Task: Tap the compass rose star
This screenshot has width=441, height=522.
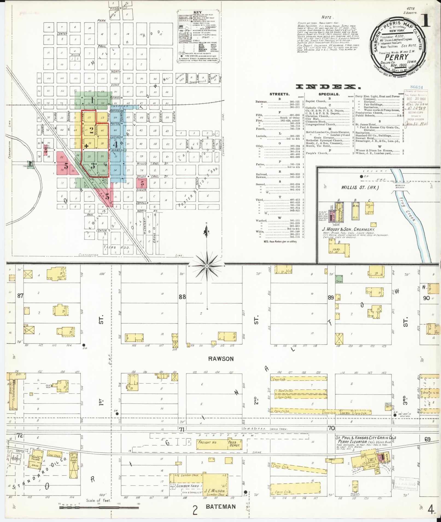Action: (x=207, y=266)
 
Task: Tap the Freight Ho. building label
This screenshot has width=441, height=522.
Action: (x=208, y=442)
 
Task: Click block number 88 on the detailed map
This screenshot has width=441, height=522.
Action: (x=182, y=297)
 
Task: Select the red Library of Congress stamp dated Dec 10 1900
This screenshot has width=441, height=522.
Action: (x=416, y=107)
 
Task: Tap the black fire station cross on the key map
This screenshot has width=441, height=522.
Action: (x=86, y=146)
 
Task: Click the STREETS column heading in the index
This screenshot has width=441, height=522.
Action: (x=279, y=94)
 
